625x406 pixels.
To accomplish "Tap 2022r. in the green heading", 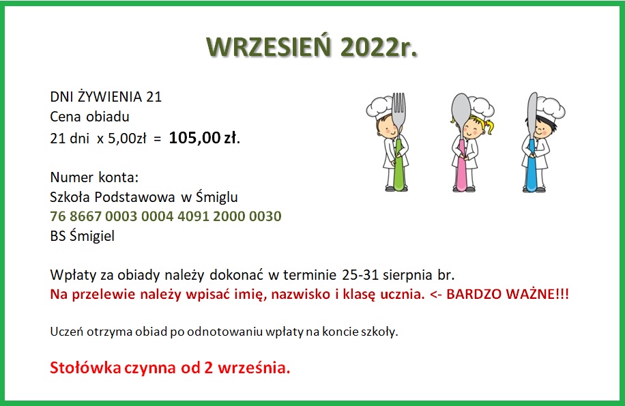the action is coord(379,46).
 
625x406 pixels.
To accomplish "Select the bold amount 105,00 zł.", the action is coord(205,138).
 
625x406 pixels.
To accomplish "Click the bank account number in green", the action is coord(166,216).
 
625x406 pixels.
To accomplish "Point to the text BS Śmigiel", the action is coord(82,235).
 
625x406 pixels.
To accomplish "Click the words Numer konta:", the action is coord(94,177).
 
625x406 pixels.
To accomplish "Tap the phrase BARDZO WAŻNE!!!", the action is coord(508,294).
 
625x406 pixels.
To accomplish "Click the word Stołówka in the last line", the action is coord(85,367).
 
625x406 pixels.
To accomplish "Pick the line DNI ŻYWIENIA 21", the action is coord(106,96).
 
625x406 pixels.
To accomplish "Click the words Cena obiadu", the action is coord(89,117).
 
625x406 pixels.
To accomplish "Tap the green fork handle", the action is coord(398,164).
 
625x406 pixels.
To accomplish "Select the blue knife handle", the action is coord(532,165).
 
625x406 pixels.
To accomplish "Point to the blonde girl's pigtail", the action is coord(489,126).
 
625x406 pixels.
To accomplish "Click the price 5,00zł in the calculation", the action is coord(127,139).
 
